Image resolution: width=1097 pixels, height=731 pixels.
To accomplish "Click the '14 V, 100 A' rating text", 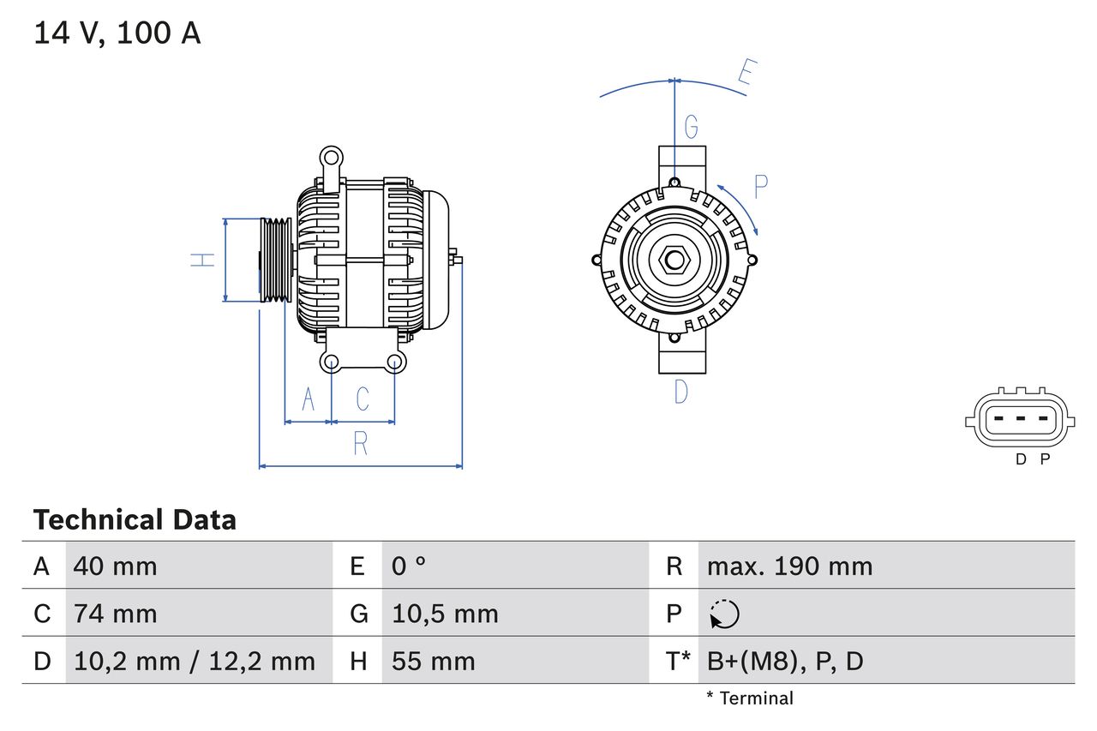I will pyautogui.click(x=117, y=33).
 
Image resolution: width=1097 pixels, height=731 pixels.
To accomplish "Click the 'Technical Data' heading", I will pyautogui.click(x=135, y=519).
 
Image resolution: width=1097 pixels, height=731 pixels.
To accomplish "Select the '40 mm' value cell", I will pyautogui.click(x=115, y=566).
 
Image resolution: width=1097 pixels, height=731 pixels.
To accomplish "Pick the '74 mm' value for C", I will pyautogui.click(x=115, y=614).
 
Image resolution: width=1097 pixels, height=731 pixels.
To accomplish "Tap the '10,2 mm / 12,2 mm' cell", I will pyautogui.click(x=195, y=661).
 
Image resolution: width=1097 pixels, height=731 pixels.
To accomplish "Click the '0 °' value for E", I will pyautogui.click(x=409, y=566).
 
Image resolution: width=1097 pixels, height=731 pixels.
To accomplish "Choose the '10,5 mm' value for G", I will pyautogui.click(x=444, y=614).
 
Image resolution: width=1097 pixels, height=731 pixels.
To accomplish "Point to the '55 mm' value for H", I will pyautogui.click(x=433, y=661).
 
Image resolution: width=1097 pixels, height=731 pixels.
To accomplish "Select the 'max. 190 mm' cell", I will pyautogui.click(x=789, y=566).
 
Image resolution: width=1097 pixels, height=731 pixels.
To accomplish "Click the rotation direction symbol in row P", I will pyautogui.click(x=724, y=614).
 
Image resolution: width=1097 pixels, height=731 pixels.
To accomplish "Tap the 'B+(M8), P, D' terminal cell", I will pyautogui.click(x=785, y=661).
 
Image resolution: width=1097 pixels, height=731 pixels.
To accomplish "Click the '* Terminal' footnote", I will pyautogui.click(x=750, y=698).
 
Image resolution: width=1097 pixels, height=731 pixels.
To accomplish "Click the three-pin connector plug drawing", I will pyautogui.click(x=1018, y=420).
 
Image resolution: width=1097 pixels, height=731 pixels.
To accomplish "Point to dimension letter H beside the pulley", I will pyautogui.click(x=203, y=259).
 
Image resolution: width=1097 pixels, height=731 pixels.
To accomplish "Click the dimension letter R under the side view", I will pyautogui.click(x=361, y=443).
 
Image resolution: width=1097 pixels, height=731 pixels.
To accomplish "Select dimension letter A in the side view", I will pyautogui.click(x=309, y=398).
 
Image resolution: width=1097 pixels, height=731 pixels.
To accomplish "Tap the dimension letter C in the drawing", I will pyautogui.click(x=363, y=398).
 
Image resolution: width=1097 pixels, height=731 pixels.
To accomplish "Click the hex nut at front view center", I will pyautogui.click(x=674, y=260).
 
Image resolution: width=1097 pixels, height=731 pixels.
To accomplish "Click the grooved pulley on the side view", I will pyautogui.click(x=276, y=259).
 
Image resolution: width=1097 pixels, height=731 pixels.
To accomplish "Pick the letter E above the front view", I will pyautogui.click(x=745, y=75).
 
